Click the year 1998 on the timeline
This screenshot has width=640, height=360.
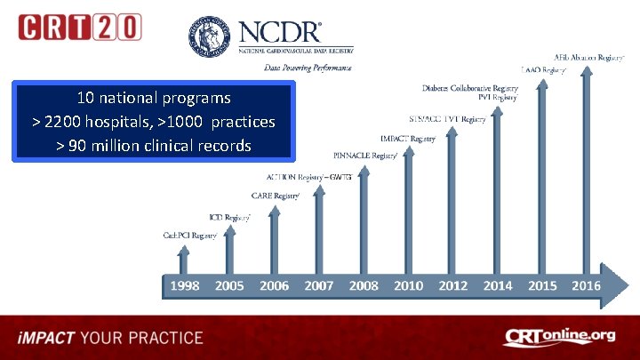(x=184, y=286)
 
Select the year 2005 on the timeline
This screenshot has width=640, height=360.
(x=228, y=286)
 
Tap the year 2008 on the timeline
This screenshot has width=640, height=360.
(x=364, y=286)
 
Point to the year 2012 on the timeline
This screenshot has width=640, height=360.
(x=452, y=286)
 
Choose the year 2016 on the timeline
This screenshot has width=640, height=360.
(x=586, y=286)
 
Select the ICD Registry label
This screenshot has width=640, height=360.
(x=229, y=216)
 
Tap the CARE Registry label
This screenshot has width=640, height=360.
(x=276, y=195)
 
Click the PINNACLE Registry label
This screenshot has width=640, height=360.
(x=365, y=156)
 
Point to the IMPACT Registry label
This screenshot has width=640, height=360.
(x=408, y=139)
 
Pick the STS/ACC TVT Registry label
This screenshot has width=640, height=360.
(x=447, y=119)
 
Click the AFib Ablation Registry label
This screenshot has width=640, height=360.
(x=590, y=57)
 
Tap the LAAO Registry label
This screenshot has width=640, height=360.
(x=543, y=68)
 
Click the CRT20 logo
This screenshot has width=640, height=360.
(x=79, y=26)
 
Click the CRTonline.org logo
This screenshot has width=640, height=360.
(x=559, y=337)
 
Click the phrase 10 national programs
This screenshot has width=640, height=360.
(x=154, y=97)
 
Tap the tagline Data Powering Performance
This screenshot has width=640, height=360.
(x=308, y=68)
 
